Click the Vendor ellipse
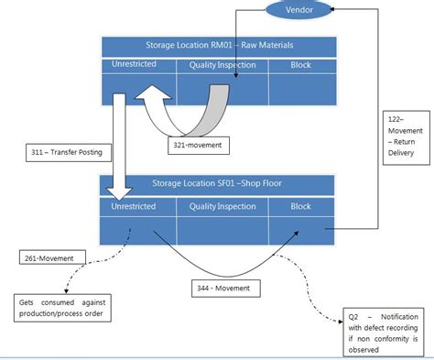pyautogui.click(x=304, y=12)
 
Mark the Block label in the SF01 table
pyautogui.click(x=300, y=207)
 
